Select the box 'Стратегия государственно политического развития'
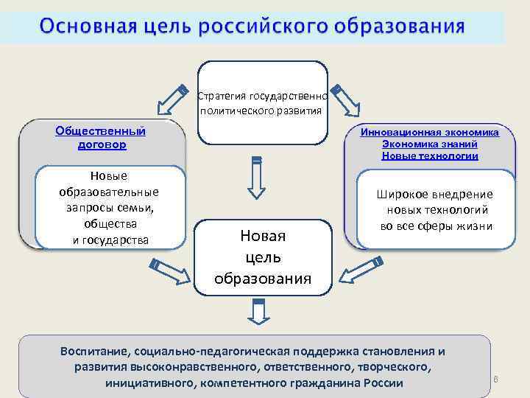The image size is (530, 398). pos(263,103)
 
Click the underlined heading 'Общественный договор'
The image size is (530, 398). pos(101,138)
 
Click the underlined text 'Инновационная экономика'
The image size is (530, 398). pos(429,133)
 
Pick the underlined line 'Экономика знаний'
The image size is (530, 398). pos(429,144)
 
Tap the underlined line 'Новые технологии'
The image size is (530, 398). pos(429,156)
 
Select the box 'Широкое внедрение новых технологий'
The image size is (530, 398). pos(434,209)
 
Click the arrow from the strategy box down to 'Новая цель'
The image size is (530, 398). pos(255,178)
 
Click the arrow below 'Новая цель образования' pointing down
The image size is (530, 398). pos(257,312)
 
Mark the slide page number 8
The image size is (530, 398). pos(496,380)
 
